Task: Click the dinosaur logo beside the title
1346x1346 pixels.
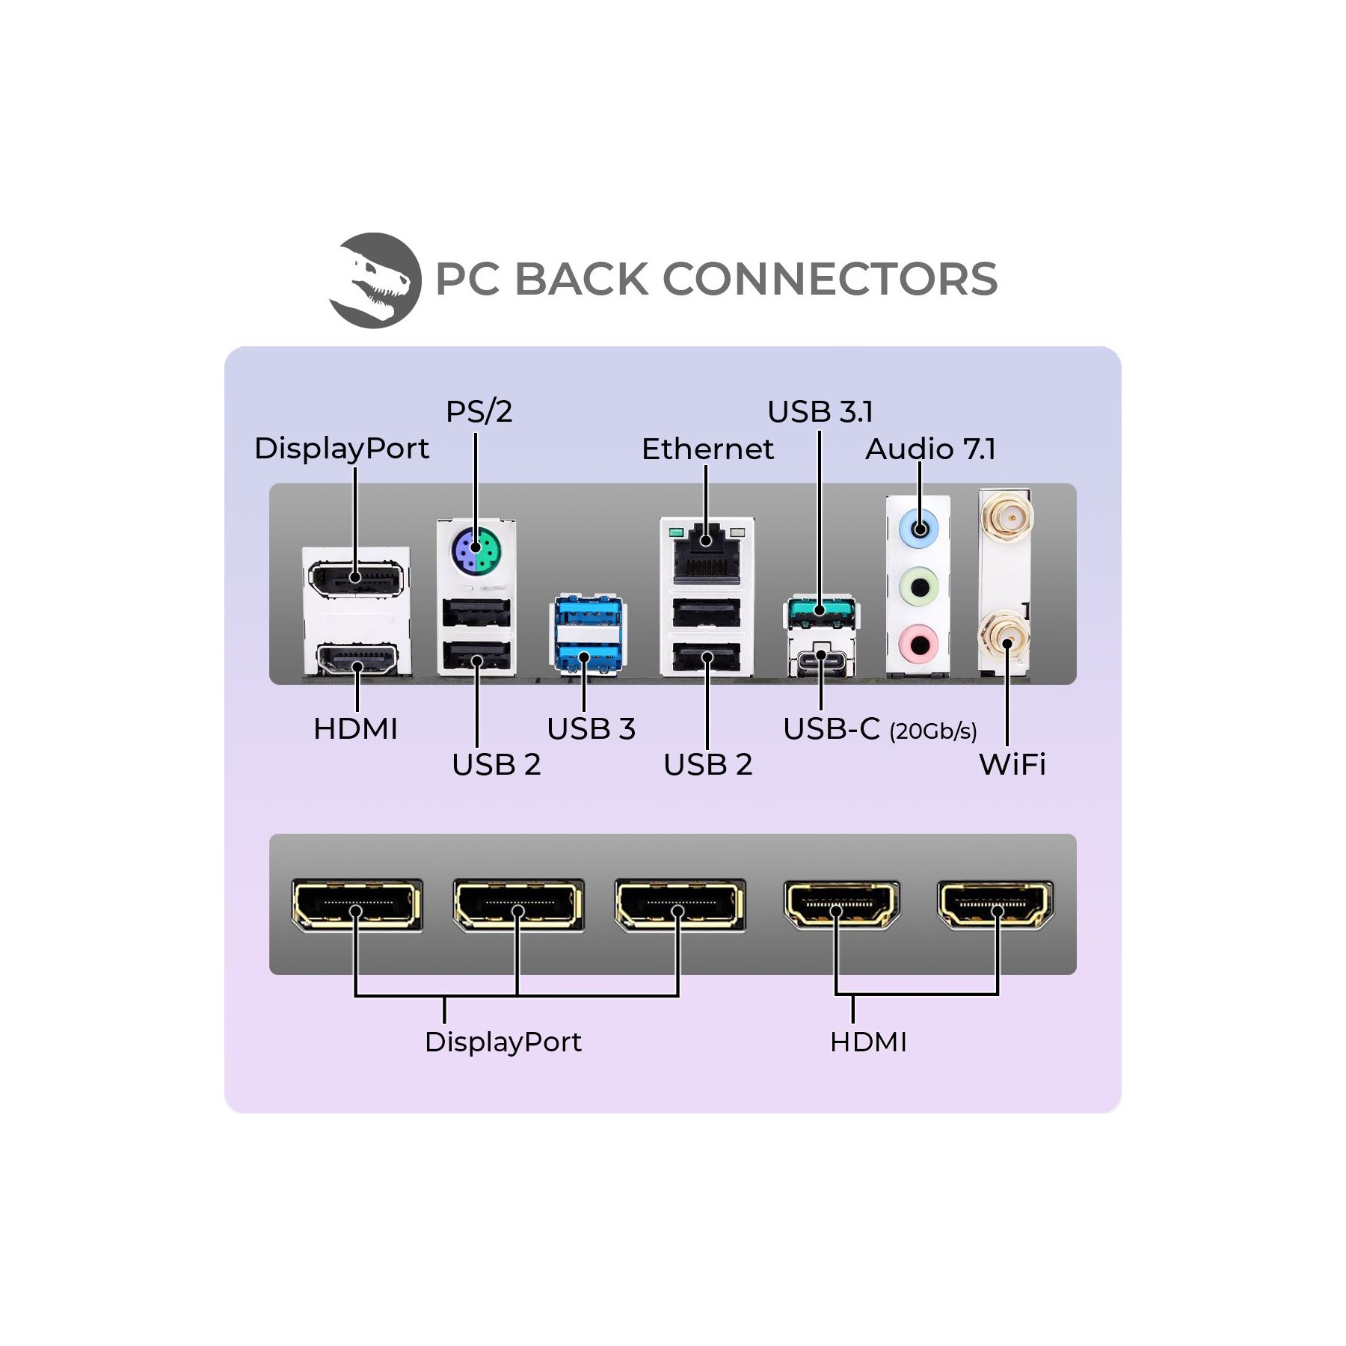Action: (x=375, y=280)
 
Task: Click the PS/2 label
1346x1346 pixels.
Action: (x=479, y=411)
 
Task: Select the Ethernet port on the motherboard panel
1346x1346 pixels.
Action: (x=707, y=555)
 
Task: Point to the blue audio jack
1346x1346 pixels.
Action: (x=920, y=529)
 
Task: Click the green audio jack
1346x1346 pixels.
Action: (x=920, y=587)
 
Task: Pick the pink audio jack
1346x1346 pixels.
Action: (x=920, y=644)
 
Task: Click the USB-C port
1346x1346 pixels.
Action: (x=820, y=661)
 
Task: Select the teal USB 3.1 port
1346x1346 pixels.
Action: (x=820, y=612)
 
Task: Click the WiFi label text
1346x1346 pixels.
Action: (x=1012, y=764)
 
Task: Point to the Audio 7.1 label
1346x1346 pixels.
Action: (x=930, y=449)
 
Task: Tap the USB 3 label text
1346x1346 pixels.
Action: (x=591, y=728)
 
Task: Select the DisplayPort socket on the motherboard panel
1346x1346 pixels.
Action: (x=356, y=578)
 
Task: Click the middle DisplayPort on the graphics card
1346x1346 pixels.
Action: (x=517, y=905)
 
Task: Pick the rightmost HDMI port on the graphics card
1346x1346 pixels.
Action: (x=995, y=904)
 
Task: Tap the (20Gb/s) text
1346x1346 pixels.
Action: (x=932, y=731)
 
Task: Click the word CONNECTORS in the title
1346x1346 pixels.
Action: (x=830, y=279)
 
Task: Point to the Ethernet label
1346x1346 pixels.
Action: (x=707, y=449)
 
